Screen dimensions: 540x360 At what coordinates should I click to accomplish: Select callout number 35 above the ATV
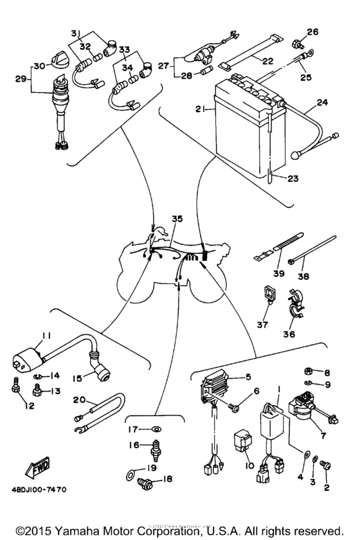[177, 219]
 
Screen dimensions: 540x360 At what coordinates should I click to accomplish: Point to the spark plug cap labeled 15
[100, 368]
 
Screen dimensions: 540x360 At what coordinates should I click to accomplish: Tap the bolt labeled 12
[14, 387]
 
